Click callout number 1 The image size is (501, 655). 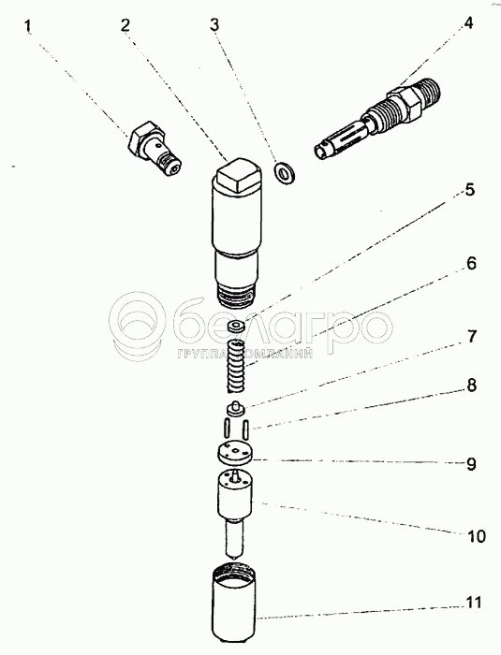pos(27,26)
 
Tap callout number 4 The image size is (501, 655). pos(468,23)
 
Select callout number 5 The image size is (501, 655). pos(470,190)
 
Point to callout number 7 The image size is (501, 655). pos(471,336)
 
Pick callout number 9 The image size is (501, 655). pos(471,464)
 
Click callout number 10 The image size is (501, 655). pos(476,536)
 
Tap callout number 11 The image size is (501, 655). pos(473,603)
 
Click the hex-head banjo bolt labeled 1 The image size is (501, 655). pos(155,149)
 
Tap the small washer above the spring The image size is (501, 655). pos(238,327)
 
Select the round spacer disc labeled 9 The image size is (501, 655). pos(235,453)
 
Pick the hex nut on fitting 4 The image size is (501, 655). pos(404,99)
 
